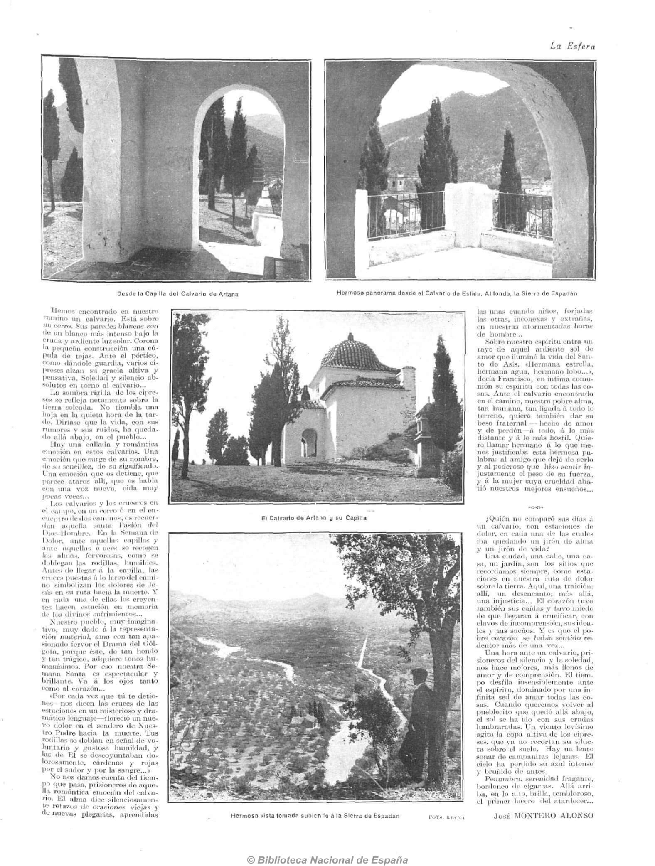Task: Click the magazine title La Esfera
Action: (x=572, y=47)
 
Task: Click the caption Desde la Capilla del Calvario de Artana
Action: (x=177, y=294)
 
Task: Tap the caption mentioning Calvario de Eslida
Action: (x=457, y=293)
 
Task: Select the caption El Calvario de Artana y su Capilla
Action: (x=314, y=518)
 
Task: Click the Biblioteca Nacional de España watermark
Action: (x=327, y=849)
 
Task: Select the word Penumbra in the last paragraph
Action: (x=502, y=778)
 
